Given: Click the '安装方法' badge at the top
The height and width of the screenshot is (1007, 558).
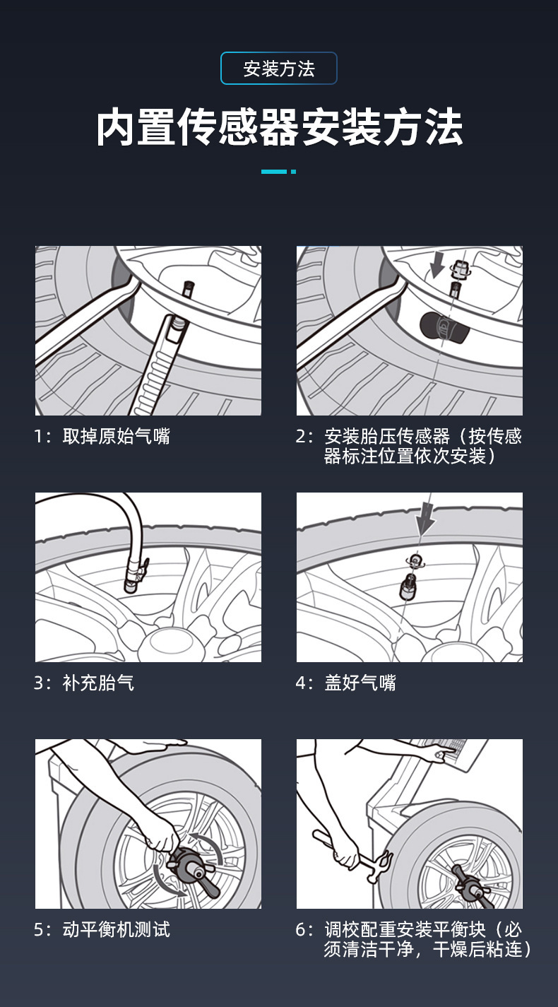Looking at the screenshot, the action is point(279,69).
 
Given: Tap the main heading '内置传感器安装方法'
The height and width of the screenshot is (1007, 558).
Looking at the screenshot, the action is point(279,128).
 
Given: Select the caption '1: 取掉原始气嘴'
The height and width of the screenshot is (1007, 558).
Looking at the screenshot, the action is point(102,436).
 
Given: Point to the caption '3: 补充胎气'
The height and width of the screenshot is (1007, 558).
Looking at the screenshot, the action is point(84,683).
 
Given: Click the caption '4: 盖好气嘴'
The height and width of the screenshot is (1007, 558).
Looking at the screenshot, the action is point(345,683).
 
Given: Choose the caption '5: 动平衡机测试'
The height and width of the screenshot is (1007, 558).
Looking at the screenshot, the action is point(102,929).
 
